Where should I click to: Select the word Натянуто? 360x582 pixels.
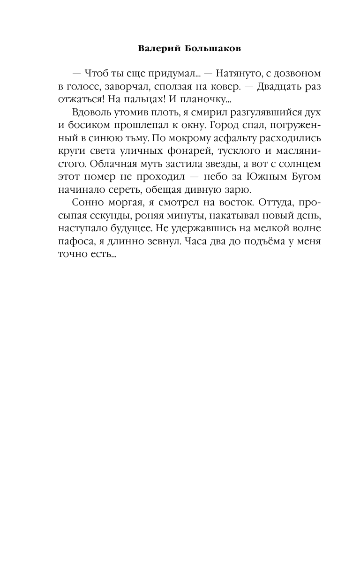232,74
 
